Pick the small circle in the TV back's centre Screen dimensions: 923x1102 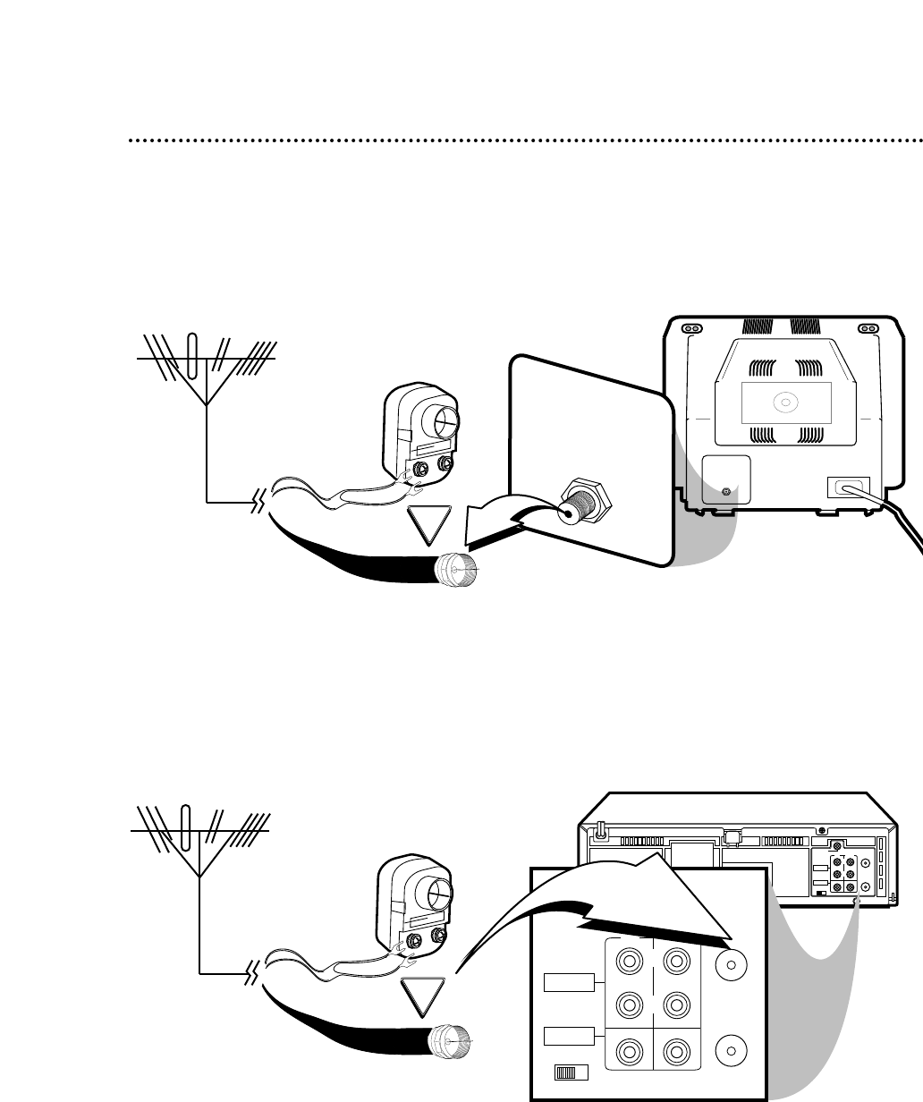point(784,403)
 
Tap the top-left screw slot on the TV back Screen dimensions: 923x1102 point(691,328)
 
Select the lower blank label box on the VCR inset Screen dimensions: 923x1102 point(568,1037)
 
